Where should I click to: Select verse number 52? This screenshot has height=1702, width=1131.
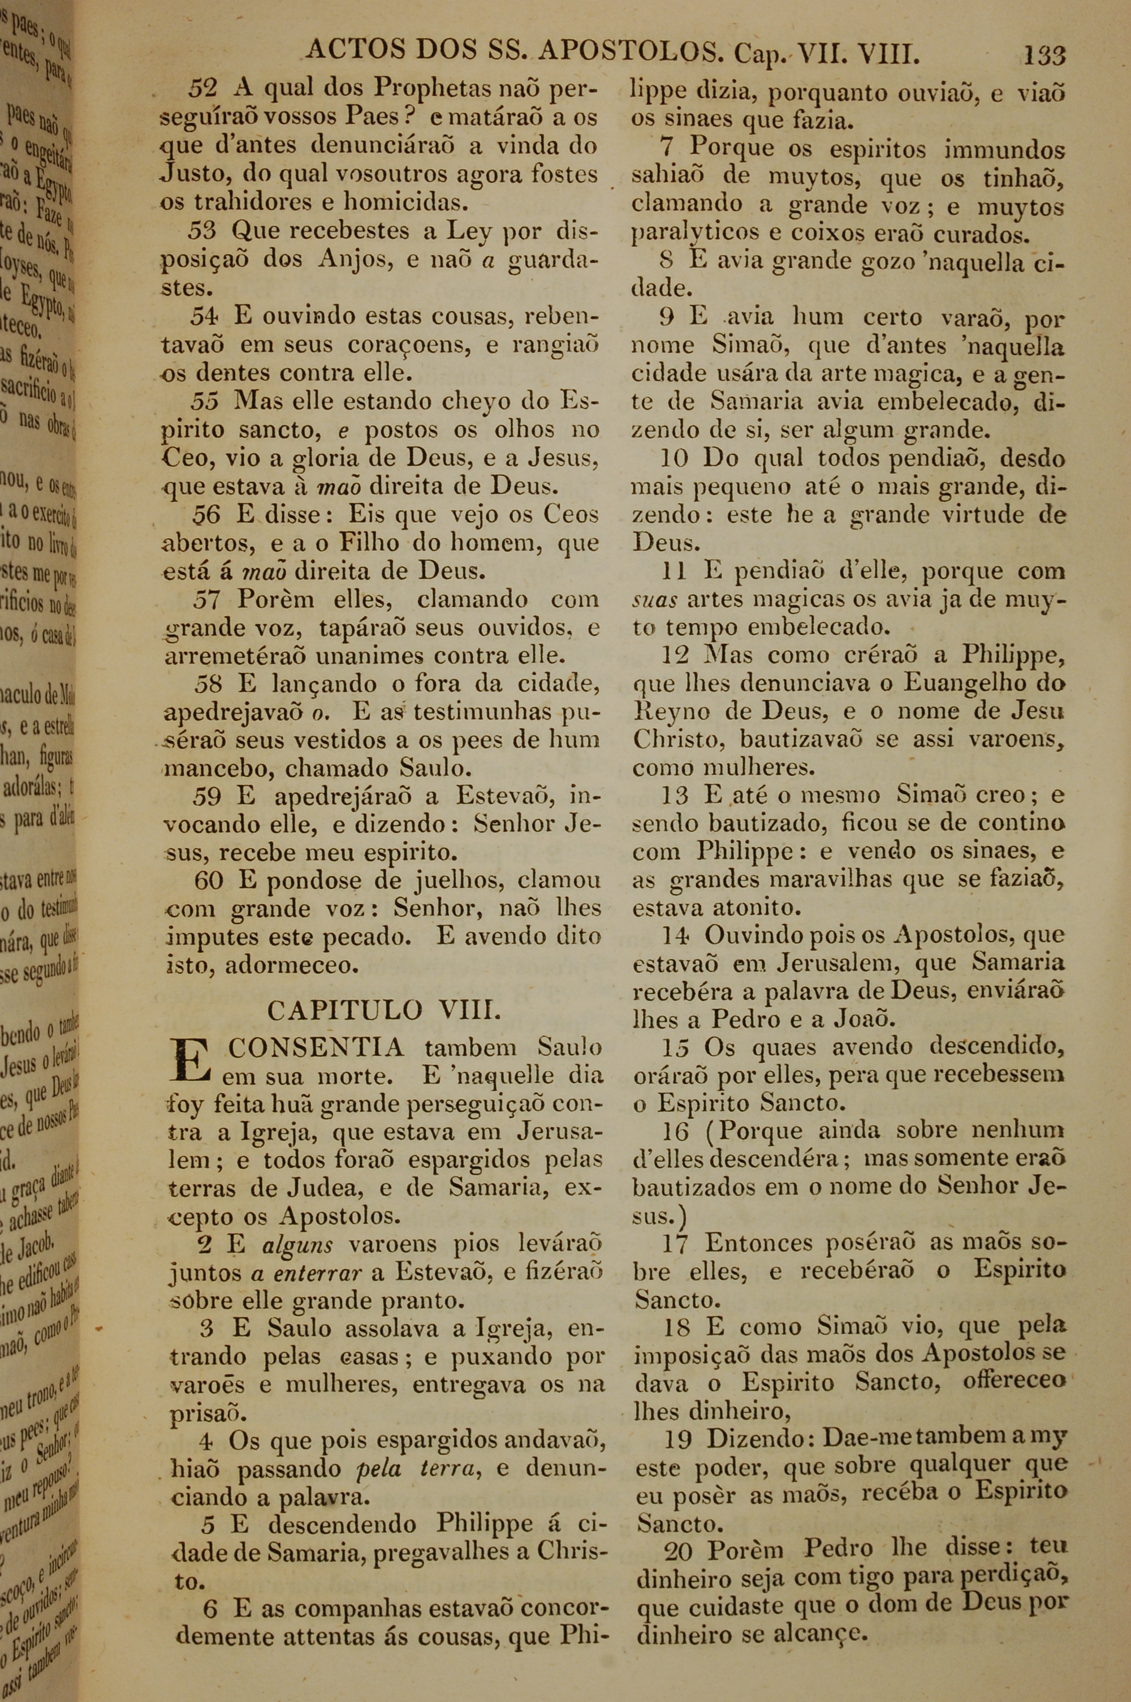202,89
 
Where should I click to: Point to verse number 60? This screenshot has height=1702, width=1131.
209,880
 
